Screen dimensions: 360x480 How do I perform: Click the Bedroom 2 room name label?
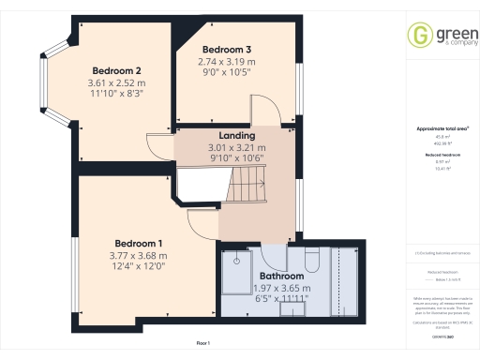point(116,70)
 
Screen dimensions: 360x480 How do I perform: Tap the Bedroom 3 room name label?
point(226,49)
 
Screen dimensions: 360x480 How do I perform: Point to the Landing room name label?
point(237,136)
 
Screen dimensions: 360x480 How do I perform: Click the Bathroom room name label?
point(282,277)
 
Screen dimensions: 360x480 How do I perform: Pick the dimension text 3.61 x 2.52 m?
point(116,82)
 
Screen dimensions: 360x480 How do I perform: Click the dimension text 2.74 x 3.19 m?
point(226,62)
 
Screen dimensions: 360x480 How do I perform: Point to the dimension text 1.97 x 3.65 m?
point(282,289)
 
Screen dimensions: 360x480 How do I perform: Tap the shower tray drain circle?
point(238,253)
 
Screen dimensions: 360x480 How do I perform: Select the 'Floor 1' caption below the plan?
point(203,343)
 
